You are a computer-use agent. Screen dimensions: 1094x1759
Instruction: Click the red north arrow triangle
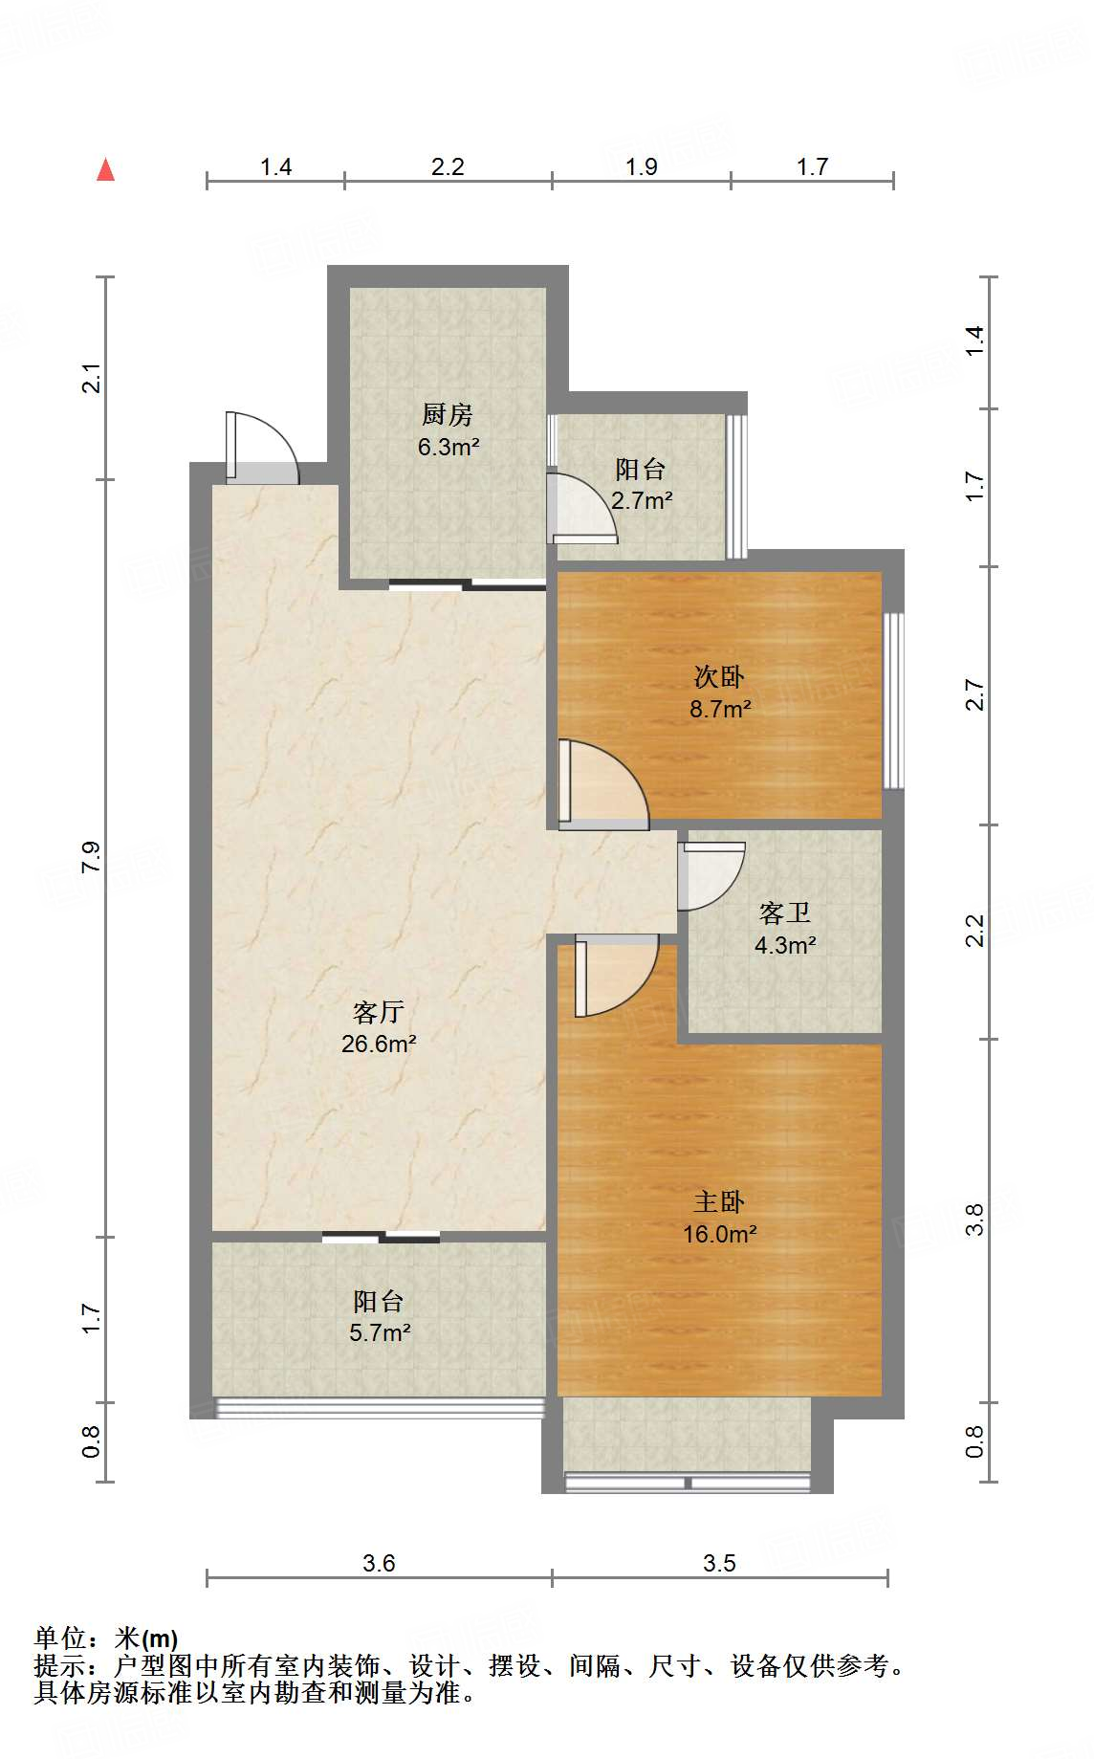click(106, 170)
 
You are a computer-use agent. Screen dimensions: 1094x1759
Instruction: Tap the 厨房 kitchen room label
click(448, 415)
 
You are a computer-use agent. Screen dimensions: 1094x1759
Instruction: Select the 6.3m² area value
click(449, 447)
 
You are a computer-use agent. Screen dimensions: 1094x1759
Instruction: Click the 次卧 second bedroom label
click(719, 677)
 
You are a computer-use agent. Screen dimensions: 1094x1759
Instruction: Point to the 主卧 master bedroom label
click(719, 1202)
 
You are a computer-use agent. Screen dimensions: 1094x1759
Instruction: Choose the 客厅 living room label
click(379, 1012)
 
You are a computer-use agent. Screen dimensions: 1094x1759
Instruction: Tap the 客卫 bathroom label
click(785, 913)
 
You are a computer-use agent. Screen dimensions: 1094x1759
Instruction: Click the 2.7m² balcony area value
click(642, 500)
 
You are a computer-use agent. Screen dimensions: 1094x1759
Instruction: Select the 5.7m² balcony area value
click(380, 1332)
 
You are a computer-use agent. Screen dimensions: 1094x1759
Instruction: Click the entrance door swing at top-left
click(262, 448)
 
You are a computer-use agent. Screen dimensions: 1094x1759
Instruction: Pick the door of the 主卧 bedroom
click(616, 976)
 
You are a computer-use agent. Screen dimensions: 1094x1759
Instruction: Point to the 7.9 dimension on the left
click(91, 857)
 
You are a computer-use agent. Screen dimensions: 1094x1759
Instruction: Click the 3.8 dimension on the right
click(974, 1220)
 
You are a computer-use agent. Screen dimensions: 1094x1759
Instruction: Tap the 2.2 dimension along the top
click(448, 167)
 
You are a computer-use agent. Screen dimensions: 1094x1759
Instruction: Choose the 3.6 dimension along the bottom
click(379, 1563)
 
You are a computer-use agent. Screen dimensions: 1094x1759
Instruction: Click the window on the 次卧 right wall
click(893, 701)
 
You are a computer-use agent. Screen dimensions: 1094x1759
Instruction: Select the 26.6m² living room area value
click(379, 1044)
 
